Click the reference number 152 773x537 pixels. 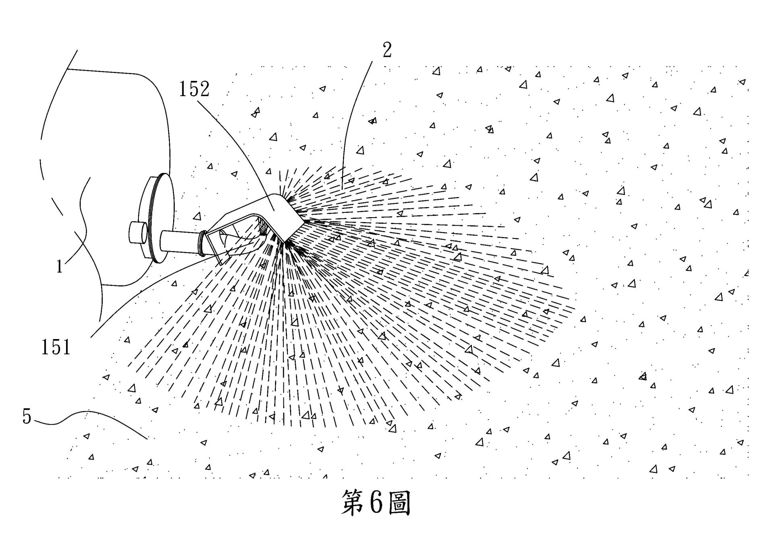[194, 89]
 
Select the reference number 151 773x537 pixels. [56, 347]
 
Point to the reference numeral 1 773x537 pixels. [60, 266]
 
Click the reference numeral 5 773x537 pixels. [27, 417]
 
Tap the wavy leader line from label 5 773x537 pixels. [101, 414]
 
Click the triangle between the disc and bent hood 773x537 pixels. [197, 216]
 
